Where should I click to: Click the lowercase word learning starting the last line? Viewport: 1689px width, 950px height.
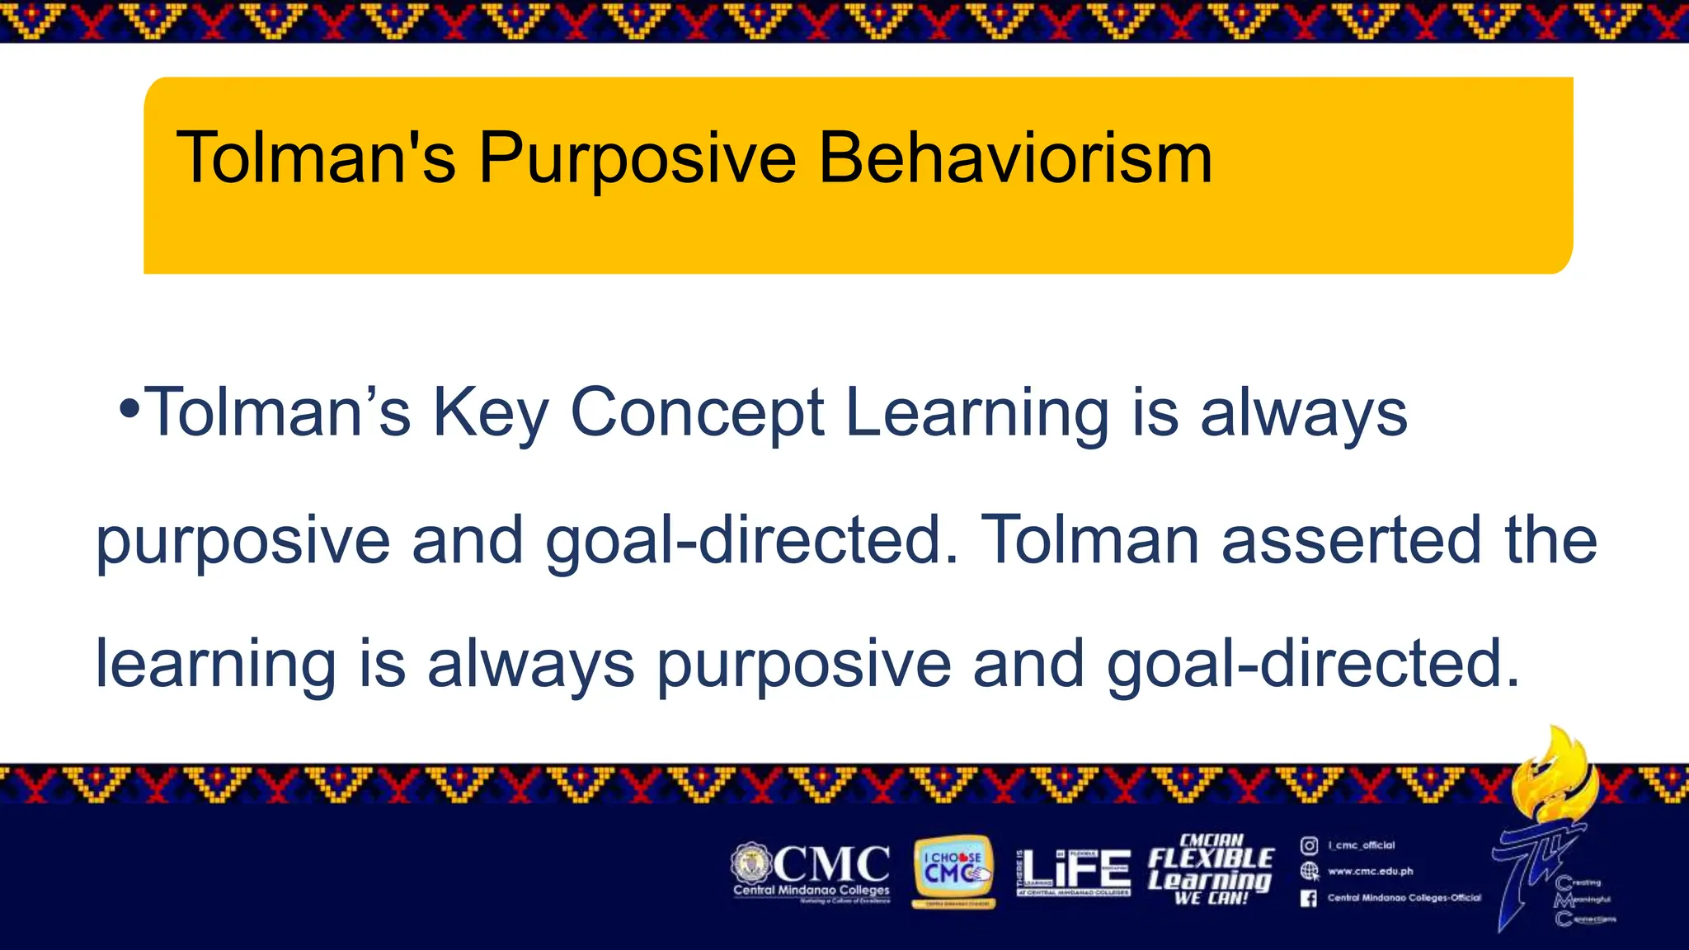(x=215, y=664)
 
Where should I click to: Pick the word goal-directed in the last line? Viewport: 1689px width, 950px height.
(x=1311, y=664)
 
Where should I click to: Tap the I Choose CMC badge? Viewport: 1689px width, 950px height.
(x=953, y=872)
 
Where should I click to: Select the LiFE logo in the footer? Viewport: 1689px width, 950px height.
(x=1075, y=872)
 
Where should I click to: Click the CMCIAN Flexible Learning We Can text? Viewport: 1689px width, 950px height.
(x=1211, y=870)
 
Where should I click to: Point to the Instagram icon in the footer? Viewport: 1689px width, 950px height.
(x=1309, y=845)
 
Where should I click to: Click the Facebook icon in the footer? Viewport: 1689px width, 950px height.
(x=1309, y=898)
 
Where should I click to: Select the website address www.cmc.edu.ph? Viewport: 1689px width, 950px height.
(x=1370, y=871)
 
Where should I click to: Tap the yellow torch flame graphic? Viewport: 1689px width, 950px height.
(x=1555, y=771)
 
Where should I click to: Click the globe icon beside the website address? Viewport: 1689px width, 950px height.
(x=1309, y=871)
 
